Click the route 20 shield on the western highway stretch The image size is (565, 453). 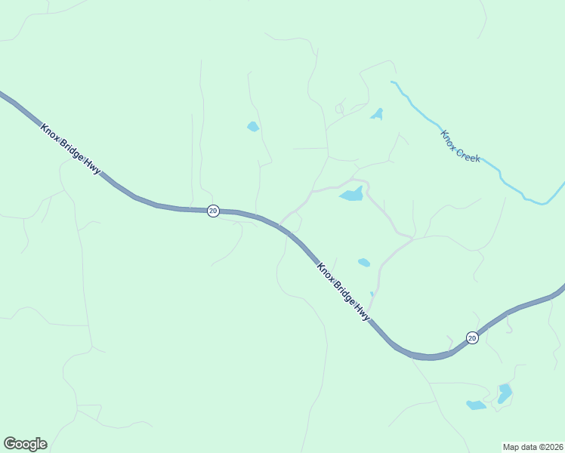[213, 211]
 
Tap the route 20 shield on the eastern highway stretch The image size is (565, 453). [471, 337]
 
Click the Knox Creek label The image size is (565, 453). [461, 145]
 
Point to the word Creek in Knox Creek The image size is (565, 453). [468, 153]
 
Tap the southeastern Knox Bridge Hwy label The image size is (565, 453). [344, 291]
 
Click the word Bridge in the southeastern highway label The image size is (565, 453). [344, 291]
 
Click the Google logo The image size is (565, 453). [25, 444]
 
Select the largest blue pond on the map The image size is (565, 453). [352, 195]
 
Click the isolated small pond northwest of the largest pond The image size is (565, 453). [253, 127]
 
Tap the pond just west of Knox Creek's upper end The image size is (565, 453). [377, 115]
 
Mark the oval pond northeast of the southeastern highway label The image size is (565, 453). [364, 263]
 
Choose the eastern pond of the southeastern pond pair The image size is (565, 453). [505, 393]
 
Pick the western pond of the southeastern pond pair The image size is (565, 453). [476, 405]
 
